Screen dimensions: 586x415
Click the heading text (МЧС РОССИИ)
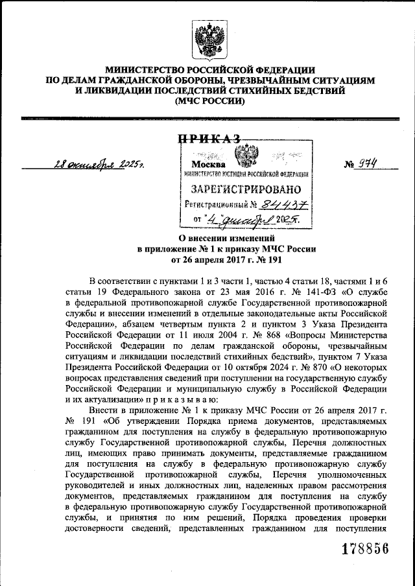click(207, 102)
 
